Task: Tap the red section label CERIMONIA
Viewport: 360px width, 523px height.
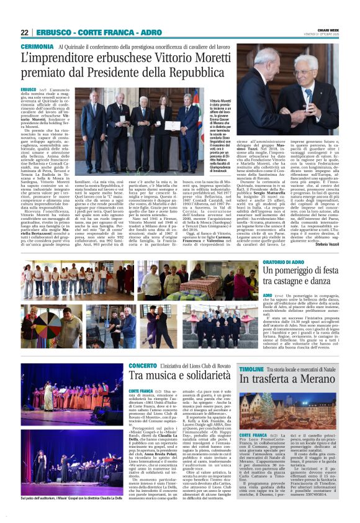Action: (37, 47)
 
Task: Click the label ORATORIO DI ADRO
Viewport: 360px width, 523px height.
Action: (288, 263)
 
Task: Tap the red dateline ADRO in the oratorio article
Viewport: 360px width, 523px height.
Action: (268, 297)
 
